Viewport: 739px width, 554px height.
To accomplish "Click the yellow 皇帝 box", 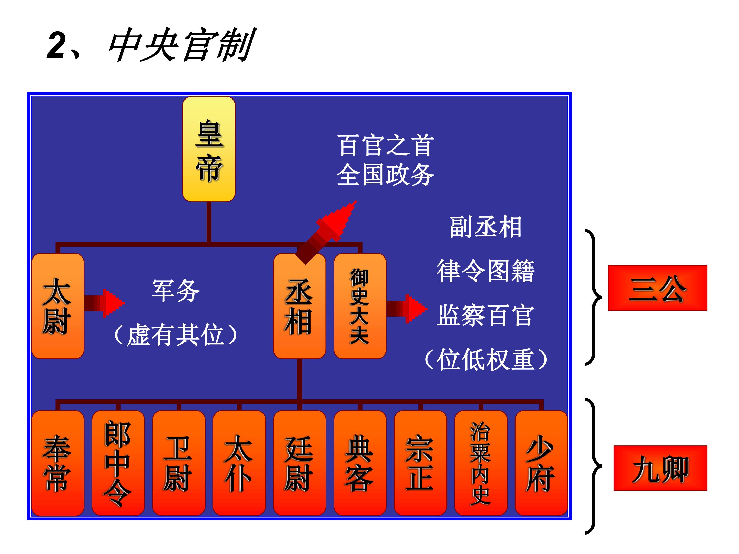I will pos(209,149).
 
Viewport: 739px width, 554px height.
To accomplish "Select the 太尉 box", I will pos(57,306).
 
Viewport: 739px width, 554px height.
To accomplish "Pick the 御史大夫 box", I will pos(360,306).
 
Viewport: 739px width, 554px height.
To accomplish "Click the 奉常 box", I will pos(57,463).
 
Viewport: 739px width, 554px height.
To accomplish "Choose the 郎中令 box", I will pos(118,463).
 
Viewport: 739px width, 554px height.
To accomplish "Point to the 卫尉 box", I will pos(178,463).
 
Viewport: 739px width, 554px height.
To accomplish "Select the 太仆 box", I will pos(239,463).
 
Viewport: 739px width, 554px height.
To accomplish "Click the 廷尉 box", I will pos(299,463).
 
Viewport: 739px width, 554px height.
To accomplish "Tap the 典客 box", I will pos(360,463).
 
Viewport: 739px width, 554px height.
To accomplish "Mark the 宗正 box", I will pos(420,463).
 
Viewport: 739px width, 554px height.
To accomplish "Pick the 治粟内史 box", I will pos(481,463).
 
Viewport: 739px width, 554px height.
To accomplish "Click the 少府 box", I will pos(541,463).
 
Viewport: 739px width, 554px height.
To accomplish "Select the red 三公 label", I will pos(657,288).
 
